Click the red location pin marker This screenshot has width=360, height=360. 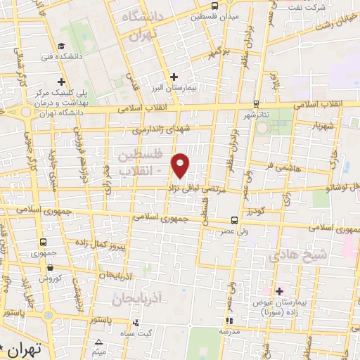point(181,165)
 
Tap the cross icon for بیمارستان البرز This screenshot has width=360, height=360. point(175,76)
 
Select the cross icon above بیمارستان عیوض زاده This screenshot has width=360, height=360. point(279,291)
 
